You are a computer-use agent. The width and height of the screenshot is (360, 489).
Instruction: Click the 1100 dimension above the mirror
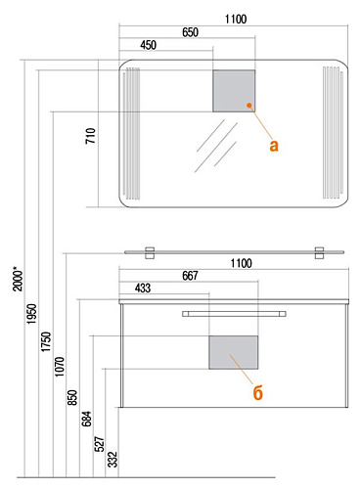[x=236, y=20]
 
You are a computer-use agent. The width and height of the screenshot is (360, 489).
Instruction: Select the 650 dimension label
[x=190, y=32]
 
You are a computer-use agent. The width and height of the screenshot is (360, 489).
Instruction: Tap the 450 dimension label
[x=148, y=45]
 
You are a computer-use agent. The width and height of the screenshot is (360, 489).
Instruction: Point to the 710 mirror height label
[x=91, y=136]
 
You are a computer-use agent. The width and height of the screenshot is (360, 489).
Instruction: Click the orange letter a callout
[x=274, y=146]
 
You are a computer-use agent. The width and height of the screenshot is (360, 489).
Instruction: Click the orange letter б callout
[x=258, y=393]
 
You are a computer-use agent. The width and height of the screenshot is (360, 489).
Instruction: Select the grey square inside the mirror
[x=234, y=91]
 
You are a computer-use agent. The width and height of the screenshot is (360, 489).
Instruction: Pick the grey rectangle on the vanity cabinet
[x=234, y=352]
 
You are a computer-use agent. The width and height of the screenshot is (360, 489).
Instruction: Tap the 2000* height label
[x=19, y=279]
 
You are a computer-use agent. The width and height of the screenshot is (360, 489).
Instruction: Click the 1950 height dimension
[x=32, y=314]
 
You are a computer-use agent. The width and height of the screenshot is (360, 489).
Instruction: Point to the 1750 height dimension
[x=46, y=341]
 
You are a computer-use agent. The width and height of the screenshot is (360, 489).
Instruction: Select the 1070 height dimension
[x=60, y=367]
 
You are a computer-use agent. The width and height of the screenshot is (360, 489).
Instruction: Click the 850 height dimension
[x=72, y=397]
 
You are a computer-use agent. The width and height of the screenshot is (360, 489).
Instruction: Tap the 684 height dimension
[x=86, y=419]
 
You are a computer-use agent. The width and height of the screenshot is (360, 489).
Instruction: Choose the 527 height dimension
[x=100, y=444]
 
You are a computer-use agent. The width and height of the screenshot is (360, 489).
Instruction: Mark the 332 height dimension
[x=112, y=460]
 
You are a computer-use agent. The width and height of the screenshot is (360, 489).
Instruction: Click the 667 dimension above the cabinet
[x=190, y=276]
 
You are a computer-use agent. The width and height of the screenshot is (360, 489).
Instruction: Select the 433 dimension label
[x=143, y=289]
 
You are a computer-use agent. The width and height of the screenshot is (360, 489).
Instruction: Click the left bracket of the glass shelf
[x=150, y=253]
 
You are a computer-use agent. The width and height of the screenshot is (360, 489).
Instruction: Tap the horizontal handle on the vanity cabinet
[x=234, y=314]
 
